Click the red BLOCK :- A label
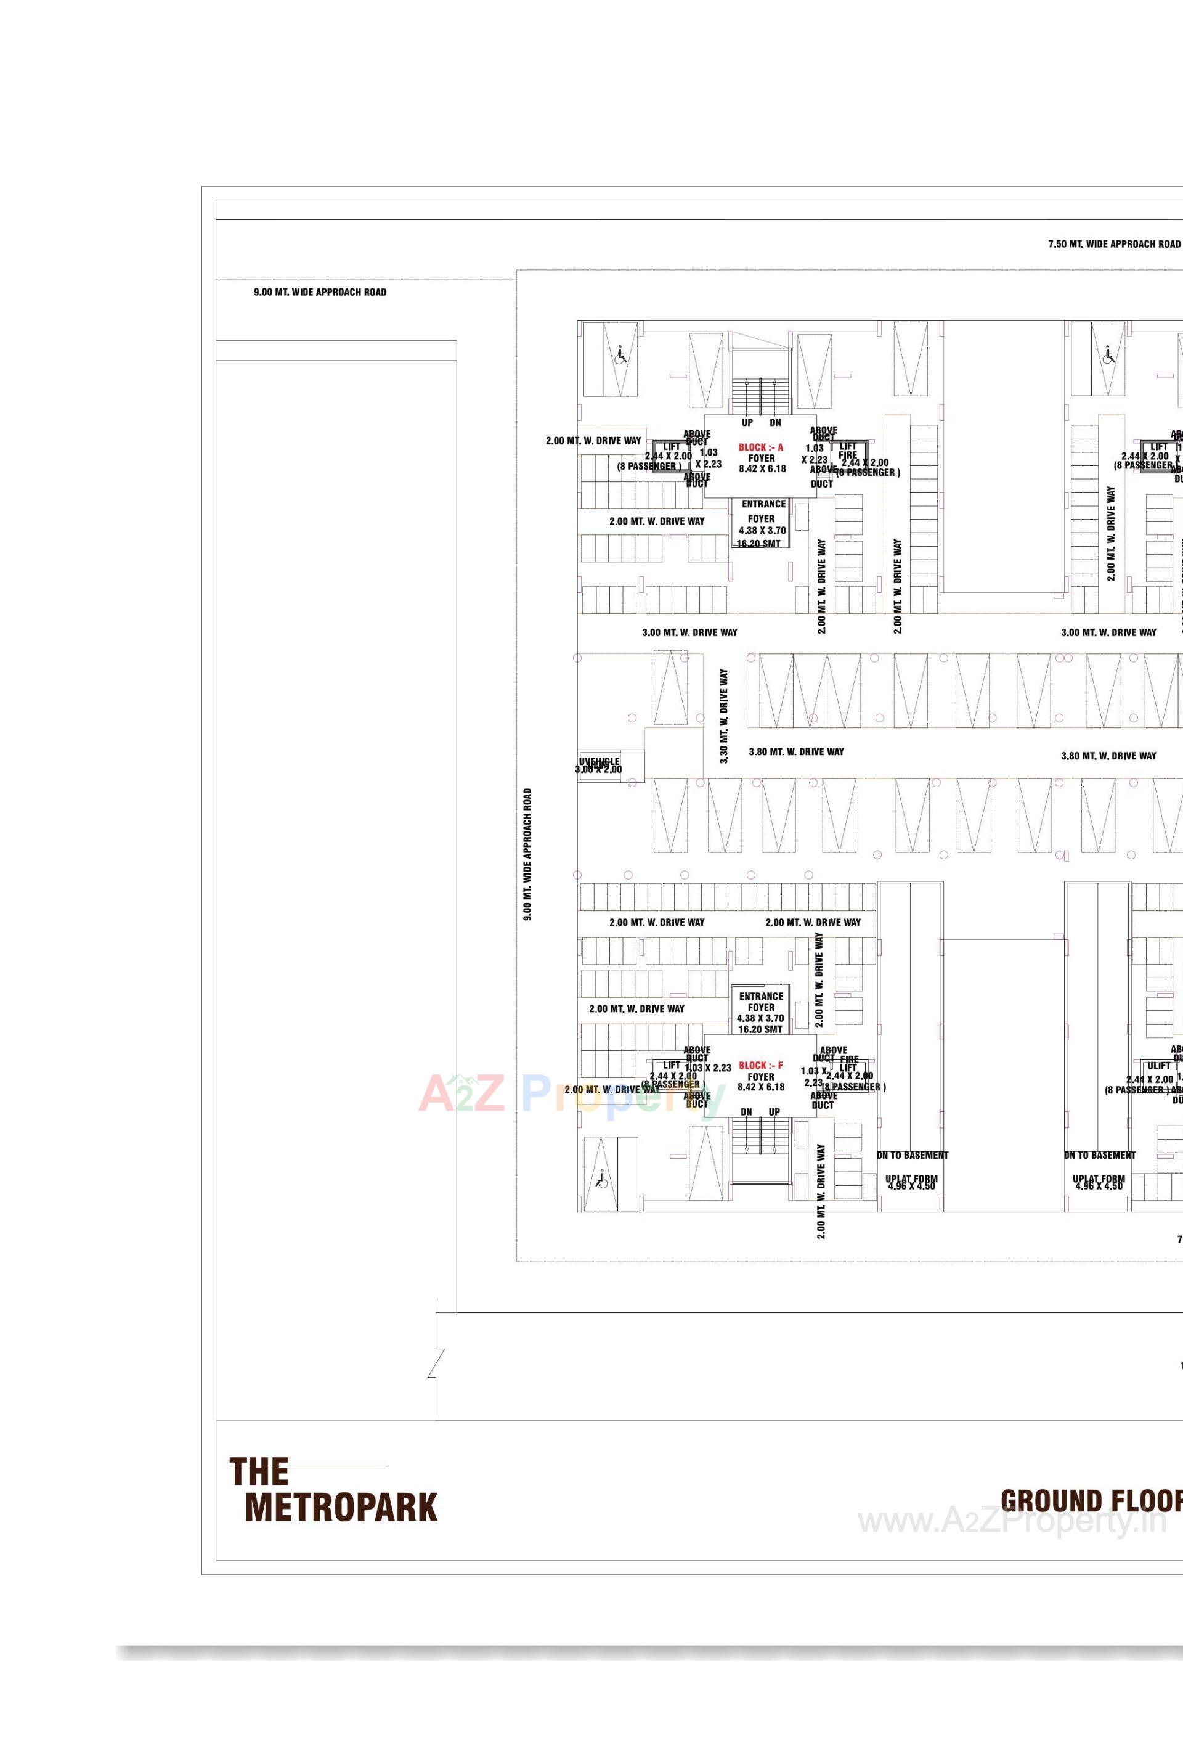pos(760,447)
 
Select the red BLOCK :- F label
pos(760,1065)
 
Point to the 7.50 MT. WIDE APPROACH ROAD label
pos(1113,245)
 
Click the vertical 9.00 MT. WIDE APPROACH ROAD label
pos(527,854)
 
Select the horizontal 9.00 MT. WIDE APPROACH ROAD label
pos(320,292)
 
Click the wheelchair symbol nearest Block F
pos(601,1179)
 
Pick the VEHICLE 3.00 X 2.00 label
pos(599,766)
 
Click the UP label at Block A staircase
pos(747,423)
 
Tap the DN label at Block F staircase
pos(746,1112)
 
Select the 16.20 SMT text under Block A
pos(758,544)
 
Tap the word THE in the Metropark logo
pos(259,1472)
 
